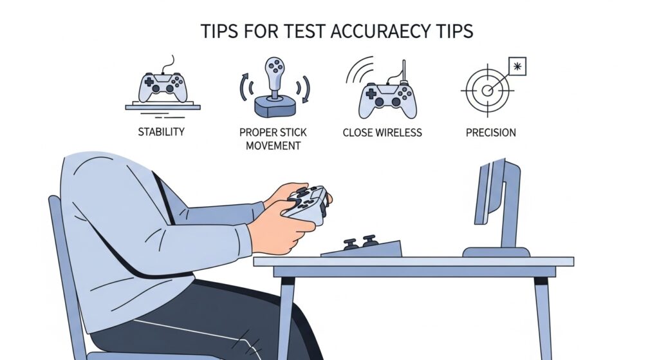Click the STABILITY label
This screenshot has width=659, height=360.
(x=162, y=132)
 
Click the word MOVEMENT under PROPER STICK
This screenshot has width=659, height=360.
(x=273, y=146)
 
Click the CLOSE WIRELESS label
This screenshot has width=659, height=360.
(x=382, y=133)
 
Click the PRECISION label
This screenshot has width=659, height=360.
(x=491, y=133)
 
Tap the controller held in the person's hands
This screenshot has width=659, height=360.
(x=307, y=204)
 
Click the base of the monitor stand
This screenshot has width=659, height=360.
(x=496, y=251)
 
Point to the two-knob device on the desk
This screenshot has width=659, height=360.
(x=361, y=247)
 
